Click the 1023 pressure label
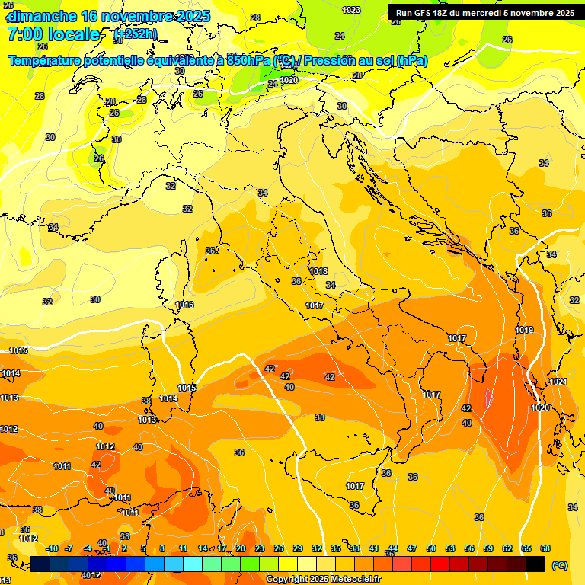(x=351, y=10)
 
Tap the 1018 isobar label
(x=318, y=272)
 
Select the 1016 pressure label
(x=184, y=305)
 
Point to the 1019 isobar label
(x=523, y=330)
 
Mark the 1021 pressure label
(x=558, y=382)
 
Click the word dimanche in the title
(x=42, y=16)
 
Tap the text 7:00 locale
(x=53, y=34)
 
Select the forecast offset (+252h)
(x=136, y=34)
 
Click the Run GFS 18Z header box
(x=485, y=12)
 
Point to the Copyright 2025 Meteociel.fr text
(x=324, y=580)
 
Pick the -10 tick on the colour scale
(x=52, y=548)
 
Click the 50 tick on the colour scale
(x=431, y=548)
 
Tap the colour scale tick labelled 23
(x=260, y=548)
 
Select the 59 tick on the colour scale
(x=488, y=548)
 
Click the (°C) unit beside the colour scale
(x=560, y=565)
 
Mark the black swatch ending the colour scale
(x=535, y=564)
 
